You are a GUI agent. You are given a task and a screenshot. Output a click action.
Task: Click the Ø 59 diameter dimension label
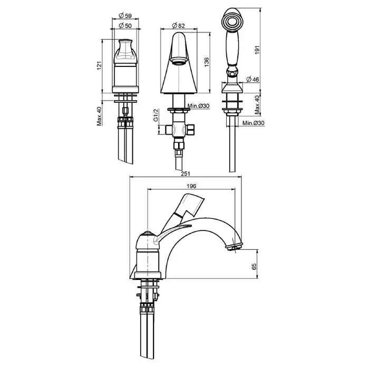pos(125,15)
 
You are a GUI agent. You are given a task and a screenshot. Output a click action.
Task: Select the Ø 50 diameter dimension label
pos(125,25)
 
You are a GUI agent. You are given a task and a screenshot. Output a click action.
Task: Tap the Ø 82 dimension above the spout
pos(178,25)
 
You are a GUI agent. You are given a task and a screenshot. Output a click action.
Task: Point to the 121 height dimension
pos(99,65)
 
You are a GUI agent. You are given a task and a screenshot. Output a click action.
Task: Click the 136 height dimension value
pos(207,62)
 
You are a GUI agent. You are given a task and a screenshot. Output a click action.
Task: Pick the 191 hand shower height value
pos(257,50)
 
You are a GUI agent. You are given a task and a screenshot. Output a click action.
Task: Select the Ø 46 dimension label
pos(253,79)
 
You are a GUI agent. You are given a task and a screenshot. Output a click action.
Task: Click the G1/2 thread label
pos(156,115)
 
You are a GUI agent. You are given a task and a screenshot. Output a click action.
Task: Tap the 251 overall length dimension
pos(186,174)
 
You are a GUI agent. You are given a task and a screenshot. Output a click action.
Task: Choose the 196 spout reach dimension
pos(191,186)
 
